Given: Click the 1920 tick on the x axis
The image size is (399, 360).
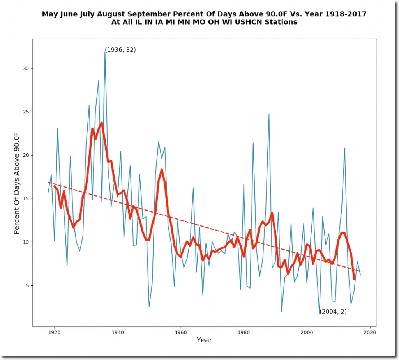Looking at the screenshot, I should click(55, 326).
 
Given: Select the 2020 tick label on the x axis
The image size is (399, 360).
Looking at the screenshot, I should click(370, 333).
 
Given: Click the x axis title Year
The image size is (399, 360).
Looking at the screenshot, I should click(205, 340).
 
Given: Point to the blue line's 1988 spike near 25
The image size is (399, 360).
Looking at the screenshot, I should click(269, 114).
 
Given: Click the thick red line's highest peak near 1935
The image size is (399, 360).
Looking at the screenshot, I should click(102, 122).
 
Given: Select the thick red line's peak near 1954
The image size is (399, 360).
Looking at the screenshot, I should click(162, 170).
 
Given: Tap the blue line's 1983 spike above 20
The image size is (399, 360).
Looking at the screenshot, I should click(253, 143).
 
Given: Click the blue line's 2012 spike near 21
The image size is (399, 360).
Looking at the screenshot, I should click(344, 148).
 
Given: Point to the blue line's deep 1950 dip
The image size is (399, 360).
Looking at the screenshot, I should click(149, 307).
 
